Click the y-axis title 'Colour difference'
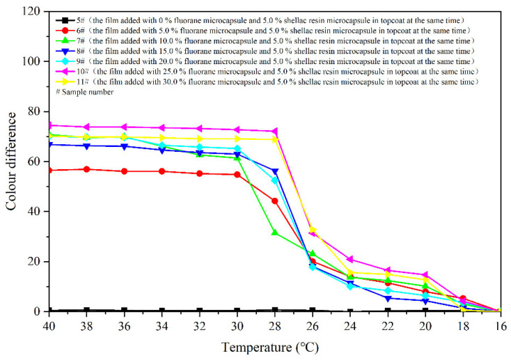coord(12,161)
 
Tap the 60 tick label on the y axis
coord(37,162)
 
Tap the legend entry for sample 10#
coord(265,71)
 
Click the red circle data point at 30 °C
coord(237,174)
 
